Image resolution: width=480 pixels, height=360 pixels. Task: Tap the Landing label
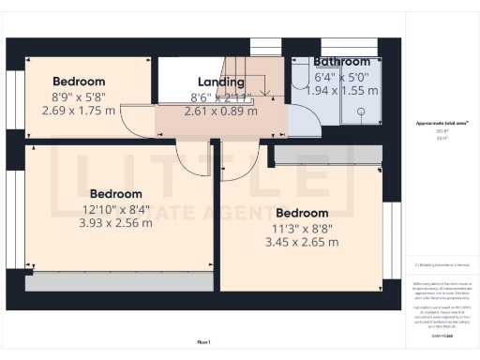(220, 82)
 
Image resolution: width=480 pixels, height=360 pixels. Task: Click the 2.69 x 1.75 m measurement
(79, 109)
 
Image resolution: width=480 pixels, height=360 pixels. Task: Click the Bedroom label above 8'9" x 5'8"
(79, 82)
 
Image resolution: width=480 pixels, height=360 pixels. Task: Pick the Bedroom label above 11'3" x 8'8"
(302, 213)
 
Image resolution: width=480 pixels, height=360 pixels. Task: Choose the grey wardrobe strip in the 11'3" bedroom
(328, 154)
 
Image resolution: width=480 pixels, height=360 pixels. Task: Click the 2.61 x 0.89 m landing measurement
(220, 110)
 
